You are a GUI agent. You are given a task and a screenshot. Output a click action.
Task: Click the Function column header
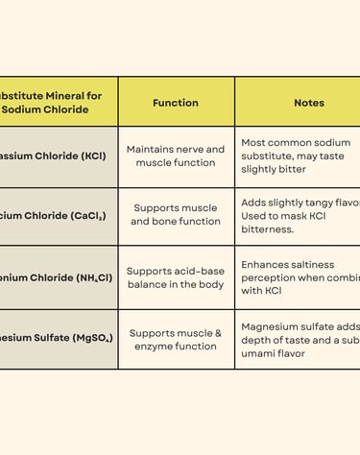coord(176,103)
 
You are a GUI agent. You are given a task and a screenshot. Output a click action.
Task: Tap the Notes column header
coord(308,103)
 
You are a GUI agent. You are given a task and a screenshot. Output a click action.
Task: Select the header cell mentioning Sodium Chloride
coord(53,102)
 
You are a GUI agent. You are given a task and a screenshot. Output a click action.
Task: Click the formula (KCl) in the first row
coord(88,156)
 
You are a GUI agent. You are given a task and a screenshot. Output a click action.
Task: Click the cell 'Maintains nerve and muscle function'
coord(176,156)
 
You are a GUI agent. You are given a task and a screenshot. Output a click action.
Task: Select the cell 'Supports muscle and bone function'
coord(176,215)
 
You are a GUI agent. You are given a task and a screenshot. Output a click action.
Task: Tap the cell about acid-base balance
coord(176,277)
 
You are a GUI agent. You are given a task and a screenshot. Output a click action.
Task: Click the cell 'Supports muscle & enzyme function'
coord(176,339)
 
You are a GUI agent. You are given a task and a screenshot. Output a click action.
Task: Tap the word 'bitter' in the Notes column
coord(289,169)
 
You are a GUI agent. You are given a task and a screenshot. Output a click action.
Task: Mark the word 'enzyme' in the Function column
coord(151,346)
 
